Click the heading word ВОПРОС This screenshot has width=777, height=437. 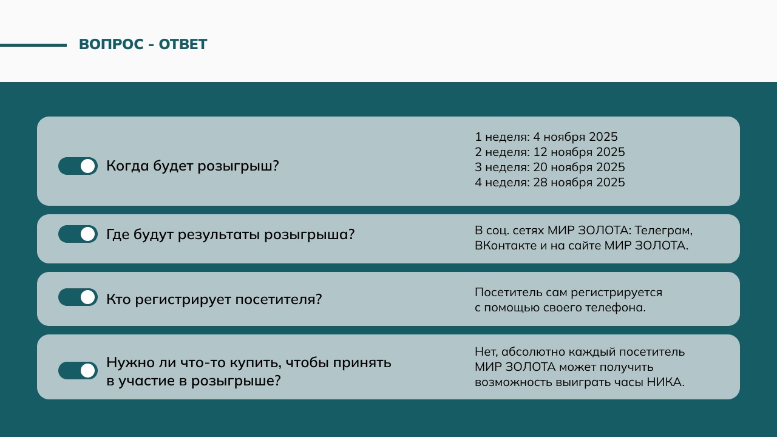111,44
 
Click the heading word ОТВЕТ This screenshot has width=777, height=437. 183,44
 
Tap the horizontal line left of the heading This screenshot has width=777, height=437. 33,45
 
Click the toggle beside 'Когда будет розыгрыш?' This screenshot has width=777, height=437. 78,166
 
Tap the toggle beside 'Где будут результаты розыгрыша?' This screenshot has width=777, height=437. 78,234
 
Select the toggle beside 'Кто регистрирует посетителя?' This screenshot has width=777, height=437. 78,297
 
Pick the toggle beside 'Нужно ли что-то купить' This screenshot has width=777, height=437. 78,371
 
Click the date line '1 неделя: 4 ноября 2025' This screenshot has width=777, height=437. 546,137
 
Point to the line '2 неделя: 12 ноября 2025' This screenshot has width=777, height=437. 550,152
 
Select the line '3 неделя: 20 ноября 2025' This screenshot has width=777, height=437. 550,167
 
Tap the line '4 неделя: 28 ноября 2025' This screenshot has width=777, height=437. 550,183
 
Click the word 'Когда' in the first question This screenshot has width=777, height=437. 127,166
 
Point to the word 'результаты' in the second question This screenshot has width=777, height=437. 219,235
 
